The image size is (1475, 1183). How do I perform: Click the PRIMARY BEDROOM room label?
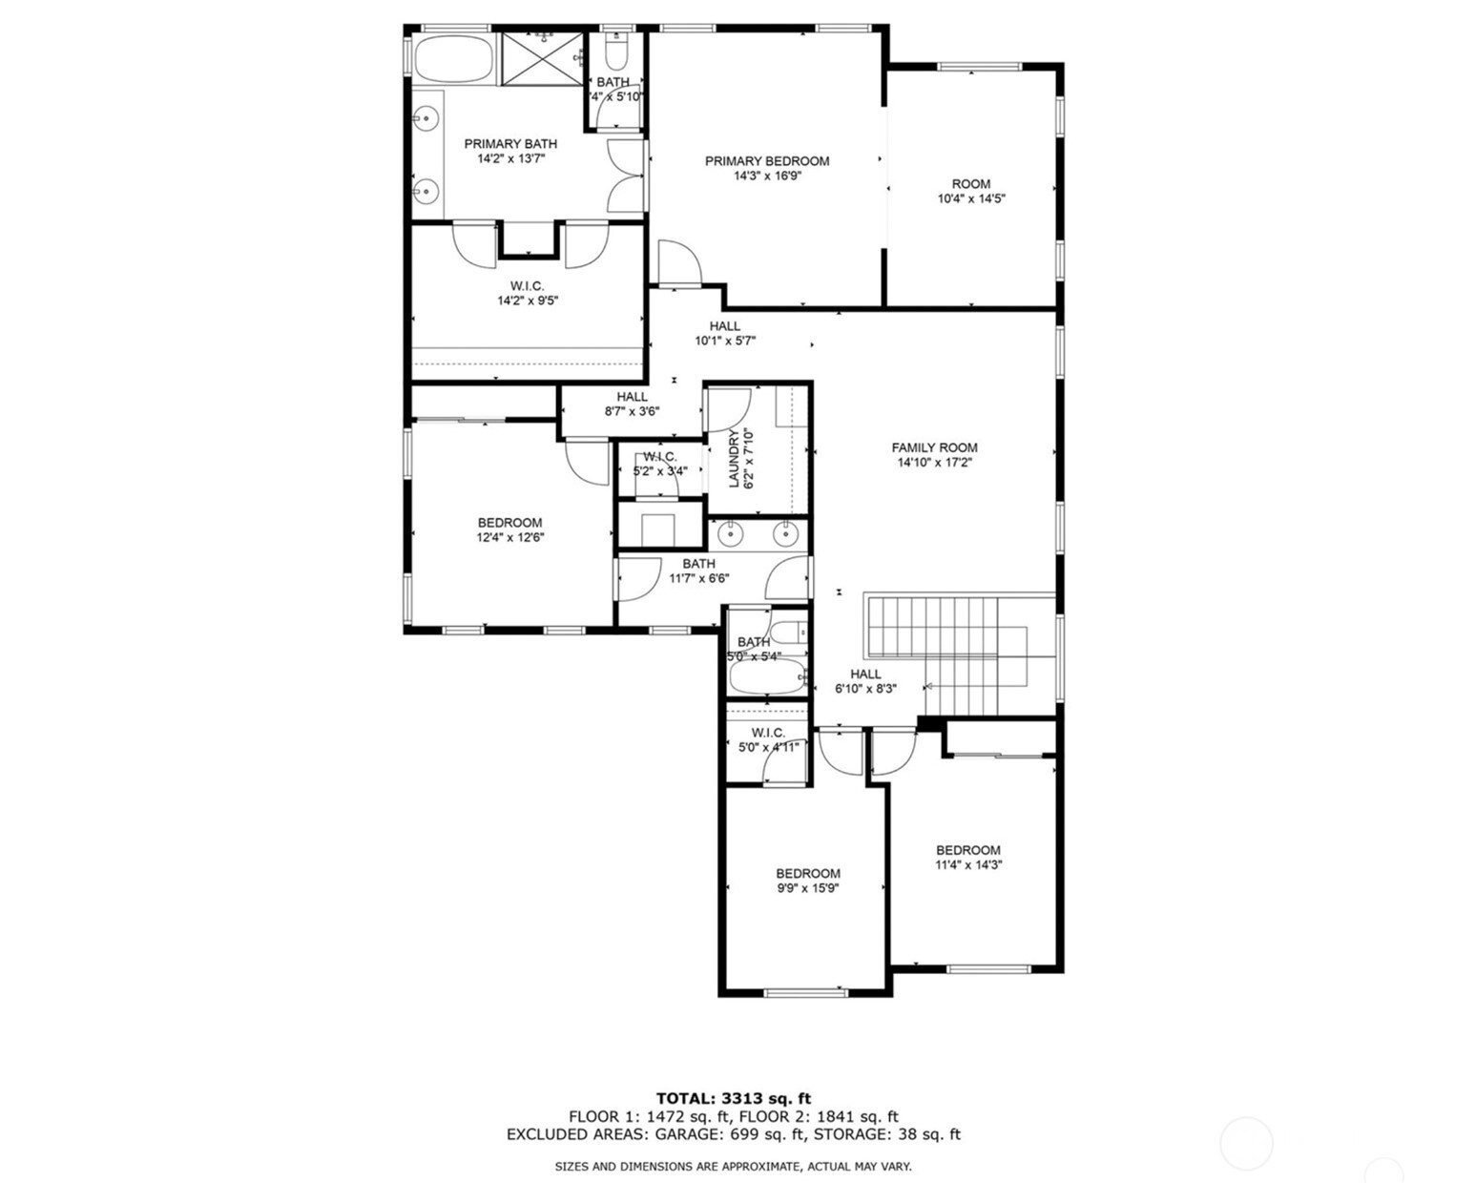pyautogui.click(x=767, y=161)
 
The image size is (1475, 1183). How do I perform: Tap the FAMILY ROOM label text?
pyautogui.click(x=934, y=447)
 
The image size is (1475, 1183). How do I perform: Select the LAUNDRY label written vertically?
pyautogui.click(x=734, y=459)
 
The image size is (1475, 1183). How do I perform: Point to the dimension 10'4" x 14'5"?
pyautogui.click(x=971, y=199)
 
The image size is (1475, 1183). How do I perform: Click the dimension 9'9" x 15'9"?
pyautogui.click(x=807, y=889)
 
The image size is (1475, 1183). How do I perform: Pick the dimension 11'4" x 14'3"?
pyautogui.click(x=968, y=865)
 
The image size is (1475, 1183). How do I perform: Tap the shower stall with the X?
pyautogui.click(x=542, y=59)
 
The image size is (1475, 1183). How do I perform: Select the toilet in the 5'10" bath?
pyautogui.click(x=616, y=52)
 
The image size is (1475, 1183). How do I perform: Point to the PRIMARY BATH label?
pyautogui.click(x=510, y=144)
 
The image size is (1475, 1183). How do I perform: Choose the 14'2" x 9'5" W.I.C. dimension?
pyautogui.click(x=528, y=301)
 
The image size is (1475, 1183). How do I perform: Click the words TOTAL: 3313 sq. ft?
pyautogui.click(x=734, y=1099)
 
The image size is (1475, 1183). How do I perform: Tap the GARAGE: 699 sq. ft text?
pyautogui.click(x=729, y=1134)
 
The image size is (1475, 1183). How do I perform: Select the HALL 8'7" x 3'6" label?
pyautogui.click(x=632, y=405)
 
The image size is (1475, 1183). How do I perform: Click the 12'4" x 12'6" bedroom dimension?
pyautogui.click(x=509, y=537)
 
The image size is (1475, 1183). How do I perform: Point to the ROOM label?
pyautogui.click(x=971, y=184)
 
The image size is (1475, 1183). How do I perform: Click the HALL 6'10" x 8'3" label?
pyautogui.click(x=865, y=681)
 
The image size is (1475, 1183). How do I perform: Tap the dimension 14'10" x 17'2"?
pyautogui.click(x=935, y=463)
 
